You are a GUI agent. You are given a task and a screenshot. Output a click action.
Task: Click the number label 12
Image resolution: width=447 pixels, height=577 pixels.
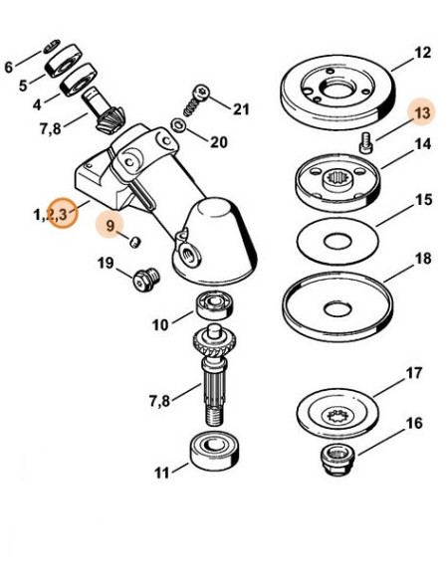(423, 52)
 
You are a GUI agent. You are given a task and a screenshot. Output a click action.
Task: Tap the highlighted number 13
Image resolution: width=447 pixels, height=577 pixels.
(423, 111)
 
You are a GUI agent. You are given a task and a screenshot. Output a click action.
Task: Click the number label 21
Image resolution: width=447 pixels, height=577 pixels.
(242, 107)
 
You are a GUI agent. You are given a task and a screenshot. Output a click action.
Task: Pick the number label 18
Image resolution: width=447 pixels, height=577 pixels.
(423, 257)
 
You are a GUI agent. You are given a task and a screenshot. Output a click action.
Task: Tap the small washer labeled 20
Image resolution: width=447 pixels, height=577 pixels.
(177, 126)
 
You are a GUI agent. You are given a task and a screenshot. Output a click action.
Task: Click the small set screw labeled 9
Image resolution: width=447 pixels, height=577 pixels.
(133, 240)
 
